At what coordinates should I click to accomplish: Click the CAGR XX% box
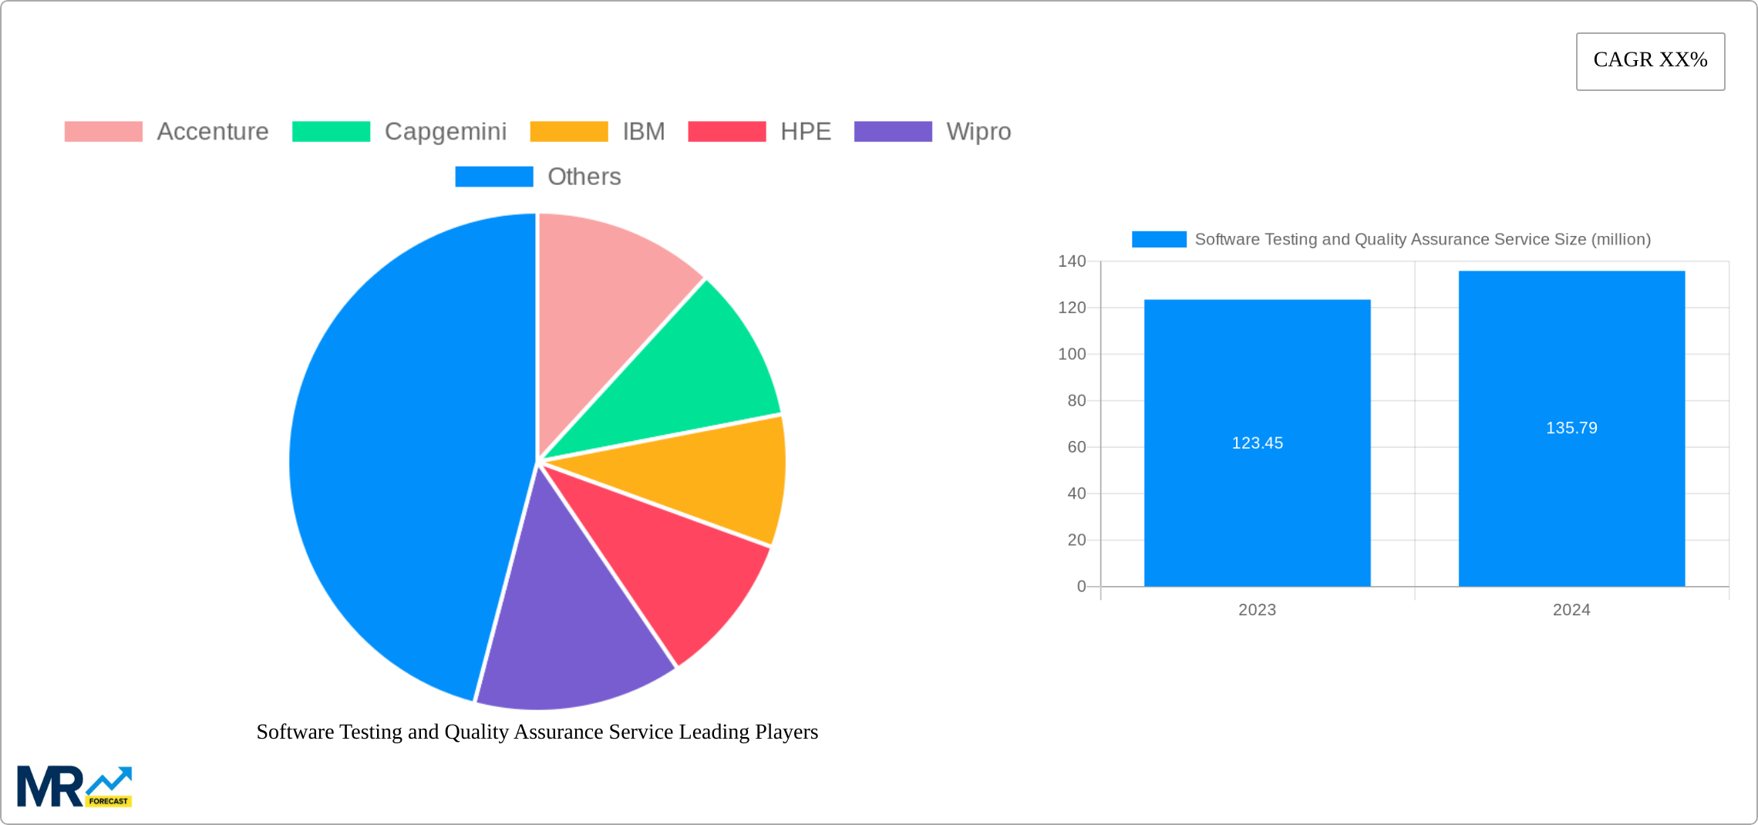[x=1650, y=61]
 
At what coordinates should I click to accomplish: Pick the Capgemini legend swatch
[x=331, y=132]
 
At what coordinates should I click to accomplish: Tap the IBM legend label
[x=643, y=132]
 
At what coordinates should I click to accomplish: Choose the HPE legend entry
[x=805, y=132]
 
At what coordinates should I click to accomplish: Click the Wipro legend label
[x=978, y=132]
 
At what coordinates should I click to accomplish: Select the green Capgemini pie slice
[x=694, y=378]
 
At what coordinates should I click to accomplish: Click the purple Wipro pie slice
[x=571, y=632]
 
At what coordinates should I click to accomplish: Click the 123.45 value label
[x=1257, y=443]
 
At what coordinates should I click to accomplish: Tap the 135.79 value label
[x=1571, y=428]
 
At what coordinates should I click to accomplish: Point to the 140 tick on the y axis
[x=1072, y=261]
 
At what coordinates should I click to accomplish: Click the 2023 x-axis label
[x=1257, y=610]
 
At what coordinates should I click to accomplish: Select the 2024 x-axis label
[x=1571, y=610]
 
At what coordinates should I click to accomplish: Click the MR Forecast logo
[x=75, y=786]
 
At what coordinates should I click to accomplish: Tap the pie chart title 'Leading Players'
[x=537, y=732]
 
